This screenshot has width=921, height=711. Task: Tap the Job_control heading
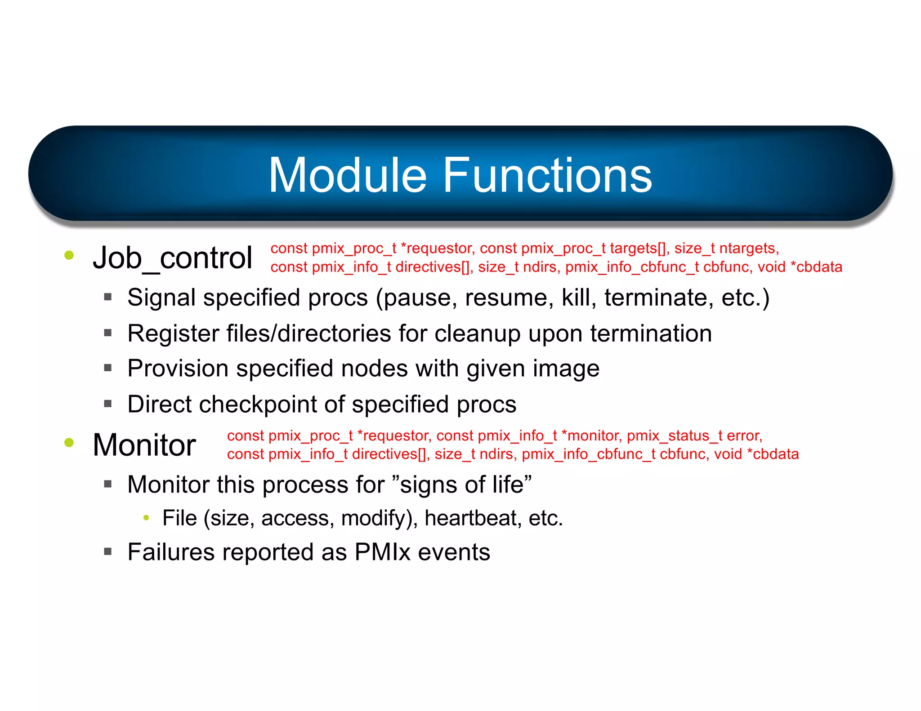[172, 258]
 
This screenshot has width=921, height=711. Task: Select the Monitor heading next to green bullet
[144, 445]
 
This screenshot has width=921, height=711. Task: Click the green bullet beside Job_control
[69, 255]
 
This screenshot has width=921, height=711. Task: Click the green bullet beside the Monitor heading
[69, 442]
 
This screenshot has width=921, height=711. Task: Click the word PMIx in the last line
[382, 552]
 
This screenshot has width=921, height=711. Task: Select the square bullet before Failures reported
[107, 551]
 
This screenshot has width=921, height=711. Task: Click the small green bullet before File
[146, 518]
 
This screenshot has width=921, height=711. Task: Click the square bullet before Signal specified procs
[107, 297]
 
